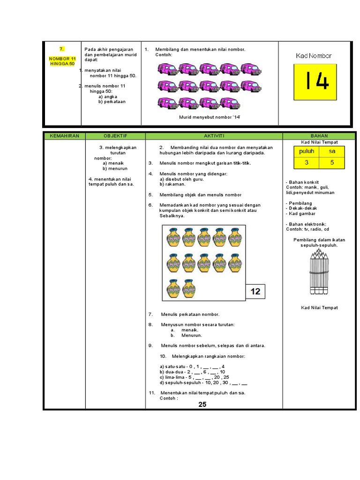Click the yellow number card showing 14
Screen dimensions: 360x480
(x=315, y=82)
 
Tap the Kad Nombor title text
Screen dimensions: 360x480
(x=314, y=56)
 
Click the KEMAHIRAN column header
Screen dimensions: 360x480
(x=64, y=136)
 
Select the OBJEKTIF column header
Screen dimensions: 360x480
(x=115, y=136)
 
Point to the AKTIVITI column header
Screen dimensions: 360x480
(x=214, y=136)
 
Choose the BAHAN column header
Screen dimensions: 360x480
(x=319, y=136)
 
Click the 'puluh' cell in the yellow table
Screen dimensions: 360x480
(x=307, y=151)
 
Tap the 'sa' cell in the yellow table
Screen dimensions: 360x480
(x=332, y=151)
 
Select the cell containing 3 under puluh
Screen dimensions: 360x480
(x=307, y=163)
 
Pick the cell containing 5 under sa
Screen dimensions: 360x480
(x=332, y=163)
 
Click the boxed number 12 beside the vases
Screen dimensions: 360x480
(x=255, y=292)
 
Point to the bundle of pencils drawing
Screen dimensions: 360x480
(x=319, y=271)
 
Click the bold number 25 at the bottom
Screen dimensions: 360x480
(x=202, y=405)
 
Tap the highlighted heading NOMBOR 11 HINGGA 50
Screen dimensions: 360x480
(x=62, y=61)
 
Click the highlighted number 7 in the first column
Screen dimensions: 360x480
(x=61, y=49)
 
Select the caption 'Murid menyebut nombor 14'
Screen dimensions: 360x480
(x=210, y=117)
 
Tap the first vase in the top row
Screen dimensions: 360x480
(x=173, y=237)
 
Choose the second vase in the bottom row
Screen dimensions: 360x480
(x=188, y=288)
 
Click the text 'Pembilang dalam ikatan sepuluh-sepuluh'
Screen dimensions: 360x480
(x=319, y=242)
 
